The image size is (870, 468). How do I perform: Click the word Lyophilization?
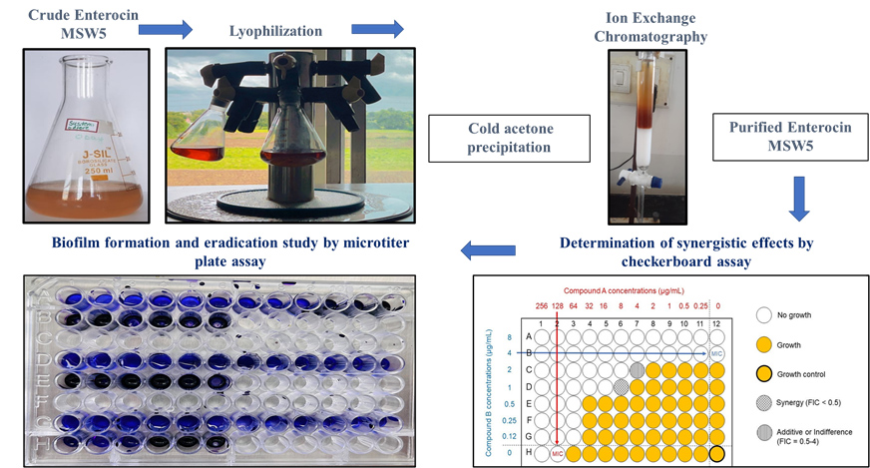289,31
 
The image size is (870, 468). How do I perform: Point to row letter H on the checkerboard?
529,452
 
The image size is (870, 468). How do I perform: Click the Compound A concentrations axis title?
629,290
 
